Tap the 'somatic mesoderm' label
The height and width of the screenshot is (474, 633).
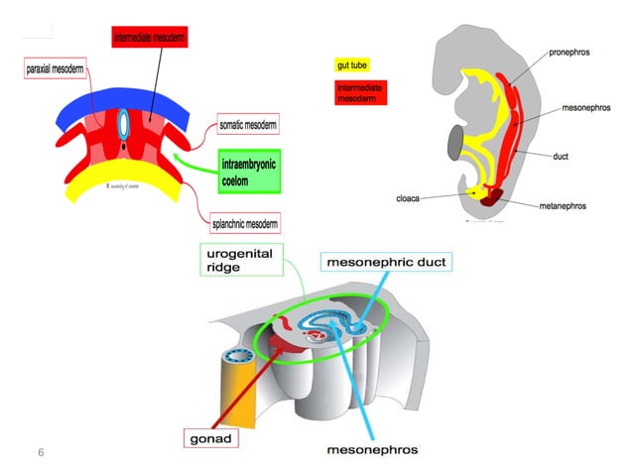pos(247,125)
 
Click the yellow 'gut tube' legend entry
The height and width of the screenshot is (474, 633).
pos(352,65)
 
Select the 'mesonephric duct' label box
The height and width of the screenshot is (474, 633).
pos(388,263)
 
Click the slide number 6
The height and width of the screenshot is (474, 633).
pos(41,452)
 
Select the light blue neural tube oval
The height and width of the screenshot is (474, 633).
pos(124,125)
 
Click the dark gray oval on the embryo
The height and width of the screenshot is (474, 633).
pos(455,143)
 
